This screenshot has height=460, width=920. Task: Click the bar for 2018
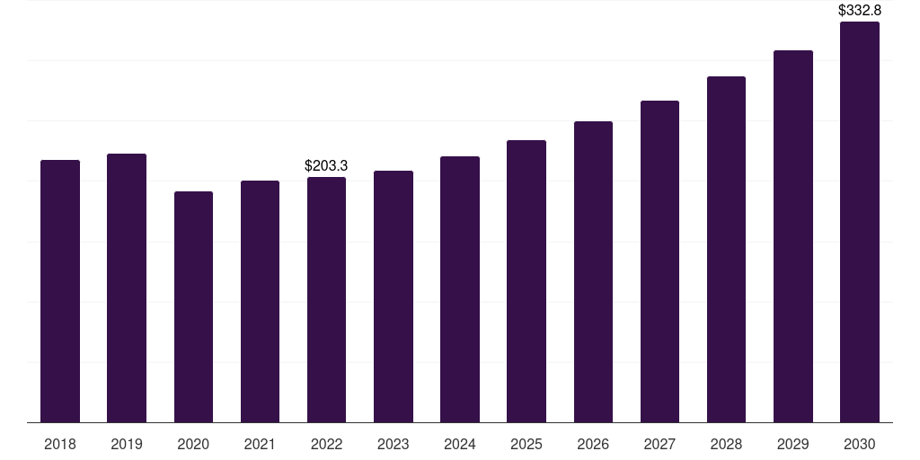coord(60,291)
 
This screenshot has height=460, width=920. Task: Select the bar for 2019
coord(127,288)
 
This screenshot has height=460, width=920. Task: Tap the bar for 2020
coord(194,307)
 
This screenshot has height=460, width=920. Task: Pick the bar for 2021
coord(260,302)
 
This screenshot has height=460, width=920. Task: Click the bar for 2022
coord(326,300)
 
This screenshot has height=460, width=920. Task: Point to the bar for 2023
coord(394,296)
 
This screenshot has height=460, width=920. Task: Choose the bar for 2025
coord(526,281)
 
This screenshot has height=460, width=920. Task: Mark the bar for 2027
coord(659,261)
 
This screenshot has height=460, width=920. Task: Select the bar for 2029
coord(793,236)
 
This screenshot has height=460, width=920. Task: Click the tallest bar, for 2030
coord(860,222)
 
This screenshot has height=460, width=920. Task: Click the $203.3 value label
coord(326,166)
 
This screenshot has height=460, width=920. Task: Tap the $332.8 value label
coord(860,11)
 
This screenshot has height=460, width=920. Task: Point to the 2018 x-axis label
coord(60,445)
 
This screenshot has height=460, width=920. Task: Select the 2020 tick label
coord(194,445)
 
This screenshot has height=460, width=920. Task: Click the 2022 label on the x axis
coord(326,445)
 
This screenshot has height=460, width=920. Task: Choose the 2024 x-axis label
coord(460,445)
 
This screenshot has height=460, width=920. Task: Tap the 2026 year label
coord(593,445)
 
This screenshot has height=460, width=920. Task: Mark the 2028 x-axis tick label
coord(726,445)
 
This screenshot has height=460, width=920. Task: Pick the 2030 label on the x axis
coord(860,445)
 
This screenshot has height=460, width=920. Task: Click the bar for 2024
coord(460,289)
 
